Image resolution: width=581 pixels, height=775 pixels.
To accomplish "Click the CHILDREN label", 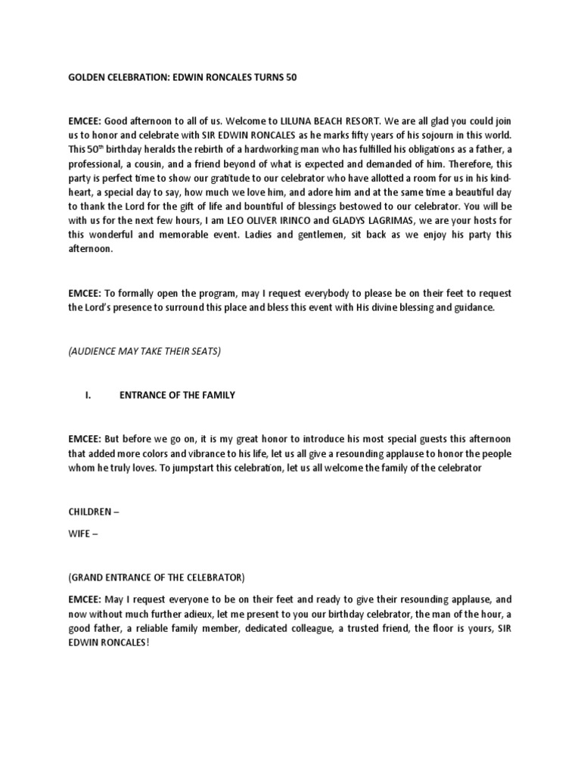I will point(90,512).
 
